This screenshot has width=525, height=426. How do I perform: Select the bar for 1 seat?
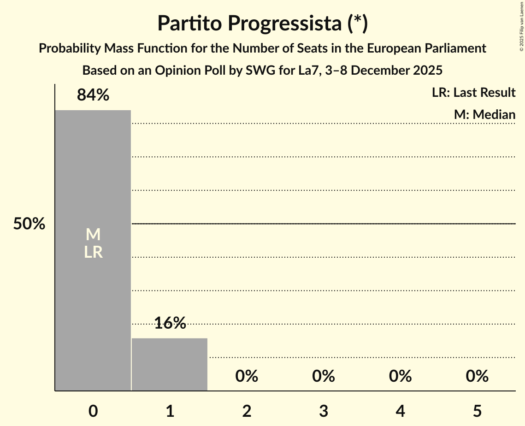click(x=170, y=364)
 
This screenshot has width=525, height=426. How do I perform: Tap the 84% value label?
click(x=93, y=95)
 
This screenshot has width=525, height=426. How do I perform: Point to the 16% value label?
click(x=170, y=323)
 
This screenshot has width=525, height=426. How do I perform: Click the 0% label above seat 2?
click(x=247, y=376)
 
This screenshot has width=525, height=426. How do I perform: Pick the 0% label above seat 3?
click(x=323, y=376)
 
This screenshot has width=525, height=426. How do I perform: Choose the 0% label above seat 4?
click(x=400, y=376)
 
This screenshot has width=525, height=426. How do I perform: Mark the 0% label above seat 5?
click(x=477, y=376)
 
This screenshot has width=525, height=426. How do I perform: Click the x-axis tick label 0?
click(x=93, y=411)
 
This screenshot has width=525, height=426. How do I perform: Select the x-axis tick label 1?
click(x=170, y=411)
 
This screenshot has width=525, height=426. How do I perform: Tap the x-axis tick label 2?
click(x=247, y=411)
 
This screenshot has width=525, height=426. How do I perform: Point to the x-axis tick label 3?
click(x=323, y=411)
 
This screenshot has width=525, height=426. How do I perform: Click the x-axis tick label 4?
click(x=400, y=411)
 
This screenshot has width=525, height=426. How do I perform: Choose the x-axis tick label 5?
click(x=477, y=411)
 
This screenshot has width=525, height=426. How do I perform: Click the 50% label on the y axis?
click(x=29, y=224)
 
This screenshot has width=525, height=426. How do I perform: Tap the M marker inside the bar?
click(x=93, y=235)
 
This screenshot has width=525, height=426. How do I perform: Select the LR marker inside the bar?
click(x=93, y=252)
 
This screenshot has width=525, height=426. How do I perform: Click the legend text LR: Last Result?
click(x=473, y=93)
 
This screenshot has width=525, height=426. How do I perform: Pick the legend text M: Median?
click(x=484, y=114)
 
